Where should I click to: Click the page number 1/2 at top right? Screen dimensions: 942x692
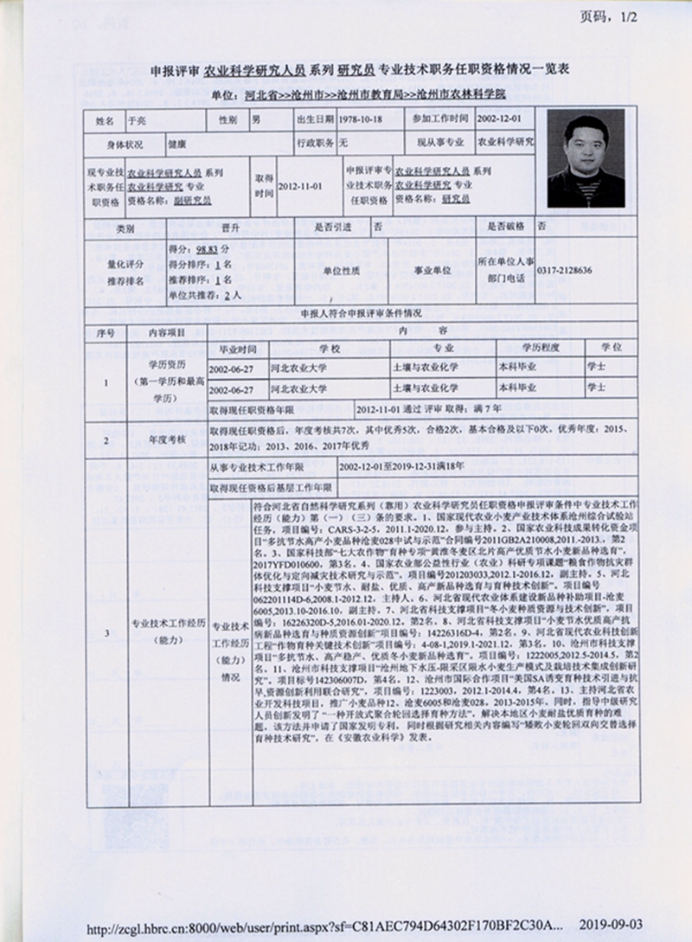pos(610,17)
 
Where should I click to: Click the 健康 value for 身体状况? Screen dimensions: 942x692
pos(176,142)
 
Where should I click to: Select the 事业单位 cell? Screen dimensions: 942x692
pos(432,271)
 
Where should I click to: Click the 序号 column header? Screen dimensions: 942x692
pos(106,331)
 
